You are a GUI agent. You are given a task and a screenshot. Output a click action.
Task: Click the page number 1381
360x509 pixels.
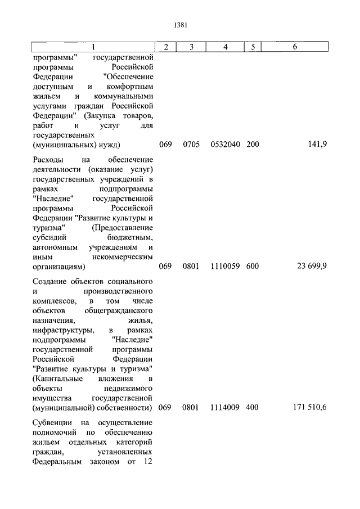pyautogui.click(x=180, y=25)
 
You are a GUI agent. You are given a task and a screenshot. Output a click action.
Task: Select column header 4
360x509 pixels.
pyautogui.click(x=225, y=47)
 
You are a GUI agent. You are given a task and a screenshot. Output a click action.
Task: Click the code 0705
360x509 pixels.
pyautogui.click(x=191, y=145)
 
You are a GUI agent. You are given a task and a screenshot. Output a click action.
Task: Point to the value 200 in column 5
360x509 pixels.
pyautogui.click(x=253, y=145)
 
